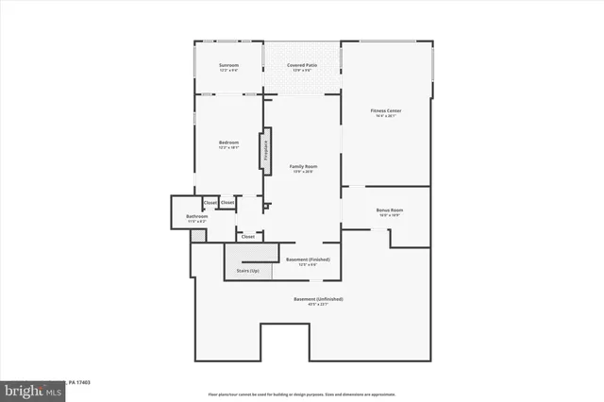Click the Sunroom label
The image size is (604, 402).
pyautogui.click(x=229, y=65)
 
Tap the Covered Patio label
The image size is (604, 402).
pyautogui.click(x=302, y=65)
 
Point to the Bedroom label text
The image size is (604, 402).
pyautogui.click(x=229, y=142)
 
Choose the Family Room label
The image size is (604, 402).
pyautogui.click(x=303, y=166)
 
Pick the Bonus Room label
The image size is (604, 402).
pyautogui.click(x=389, y=209)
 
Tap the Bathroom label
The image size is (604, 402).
pyautogui.click(x=197, y=216)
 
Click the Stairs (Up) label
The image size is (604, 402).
pyautogui.click(x=248, y=271)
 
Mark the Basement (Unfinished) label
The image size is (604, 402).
pyautogui.click(x=319, y=299)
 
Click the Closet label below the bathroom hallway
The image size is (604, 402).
pyautogui.click(x=248, y=237)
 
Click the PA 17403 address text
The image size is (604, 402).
pyautogui.click(x=79, y=383)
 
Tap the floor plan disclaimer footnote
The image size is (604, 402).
pyautogui.click(x=302, y=394)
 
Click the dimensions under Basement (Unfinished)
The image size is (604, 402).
pyautogui.click(x=319, y=305)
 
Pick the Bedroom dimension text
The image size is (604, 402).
pyautogui.click(x=229, y=148)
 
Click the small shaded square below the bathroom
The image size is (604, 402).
pyautogui.click(x=197, y=236)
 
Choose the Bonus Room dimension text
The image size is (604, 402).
pyautogui.click(x=389, y=215)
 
